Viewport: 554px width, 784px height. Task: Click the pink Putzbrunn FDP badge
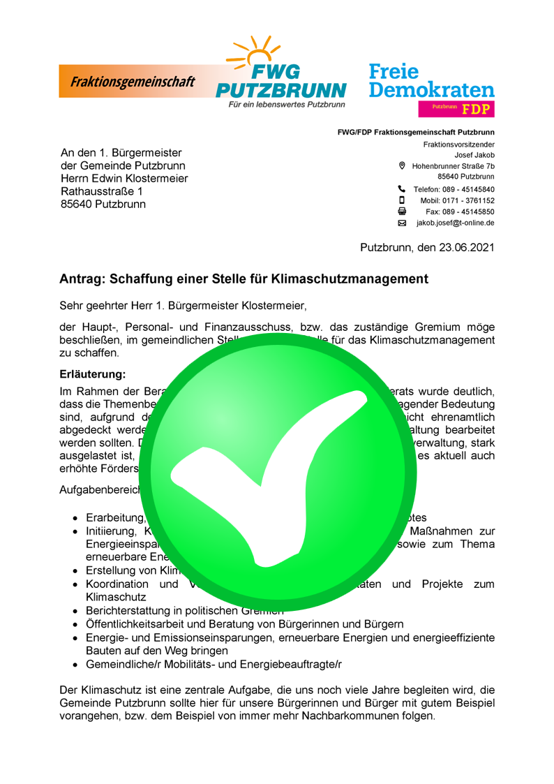point(456,108)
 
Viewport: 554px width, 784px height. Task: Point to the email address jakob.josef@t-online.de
point(456,223)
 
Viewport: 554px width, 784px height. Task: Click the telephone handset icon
point(401,188)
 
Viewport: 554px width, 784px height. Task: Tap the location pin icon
point(401,166)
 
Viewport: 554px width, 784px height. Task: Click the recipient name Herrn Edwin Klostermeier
point(124,178)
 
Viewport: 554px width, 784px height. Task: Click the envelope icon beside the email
point(401,223)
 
